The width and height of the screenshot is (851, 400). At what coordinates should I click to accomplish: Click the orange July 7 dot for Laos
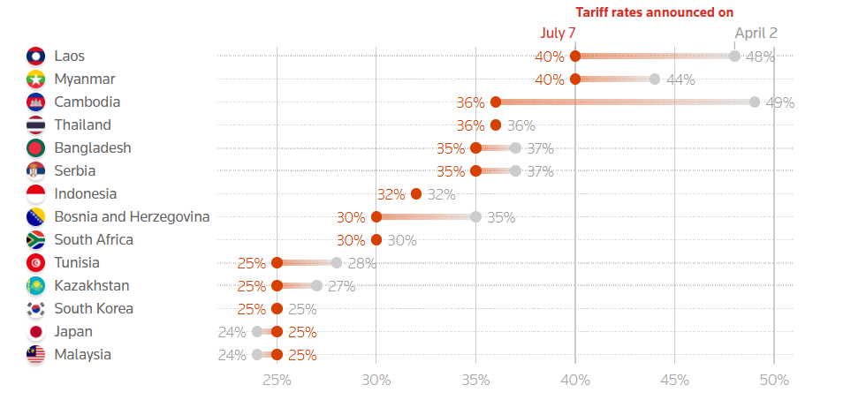pos(575,56)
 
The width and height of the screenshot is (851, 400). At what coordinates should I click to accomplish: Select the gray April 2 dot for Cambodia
pos(755,102)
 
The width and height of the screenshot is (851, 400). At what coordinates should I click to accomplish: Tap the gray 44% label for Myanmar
pos(680,79)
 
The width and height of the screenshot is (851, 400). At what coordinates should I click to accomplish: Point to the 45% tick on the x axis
pos(674,380)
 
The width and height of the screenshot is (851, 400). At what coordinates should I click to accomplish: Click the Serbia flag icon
pos(36,170)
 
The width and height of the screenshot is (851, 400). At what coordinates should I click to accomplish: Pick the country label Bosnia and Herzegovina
pos(132,216)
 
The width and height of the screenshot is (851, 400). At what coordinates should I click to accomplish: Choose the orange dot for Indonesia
pos(416,193)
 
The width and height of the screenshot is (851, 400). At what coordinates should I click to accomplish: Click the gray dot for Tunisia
pos(337,262)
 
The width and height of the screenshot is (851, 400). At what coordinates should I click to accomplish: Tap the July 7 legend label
pos(558,33)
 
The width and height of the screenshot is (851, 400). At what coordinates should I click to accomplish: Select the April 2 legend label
pos(756,33)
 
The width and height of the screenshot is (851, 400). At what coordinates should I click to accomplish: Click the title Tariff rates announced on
pos(655,12)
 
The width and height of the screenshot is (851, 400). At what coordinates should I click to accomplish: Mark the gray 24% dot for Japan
pos(257,331)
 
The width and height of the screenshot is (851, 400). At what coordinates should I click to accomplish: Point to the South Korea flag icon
pos(36,308)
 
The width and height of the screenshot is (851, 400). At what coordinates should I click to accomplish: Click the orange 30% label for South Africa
pos(351,240)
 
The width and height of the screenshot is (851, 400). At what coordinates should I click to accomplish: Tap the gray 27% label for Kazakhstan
pos(340,286)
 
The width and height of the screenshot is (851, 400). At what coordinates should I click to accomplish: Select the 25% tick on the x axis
pos(277,380)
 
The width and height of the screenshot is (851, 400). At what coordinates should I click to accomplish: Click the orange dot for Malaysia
pos(277,354)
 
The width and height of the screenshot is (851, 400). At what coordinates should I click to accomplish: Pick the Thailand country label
pos(82,125)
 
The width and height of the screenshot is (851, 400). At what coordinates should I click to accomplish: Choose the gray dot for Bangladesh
pos(515,147)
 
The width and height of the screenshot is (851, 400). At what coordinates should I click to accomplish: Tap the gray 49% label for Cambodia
pos(779,102)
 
